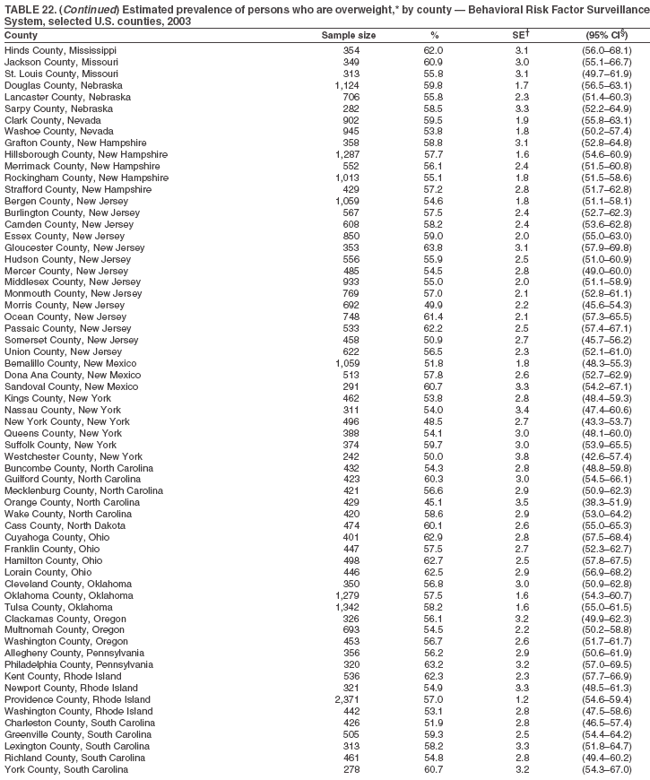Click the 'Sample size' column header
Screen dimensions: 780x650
(x=349, y=35)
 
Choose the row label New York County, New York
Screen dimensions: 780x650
(x=67, y=421)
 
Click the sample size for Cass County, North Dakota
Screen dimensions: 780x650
(x=351, y=525)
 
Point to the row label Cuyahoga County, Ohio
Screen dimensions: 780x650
(x=55, y=537)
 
